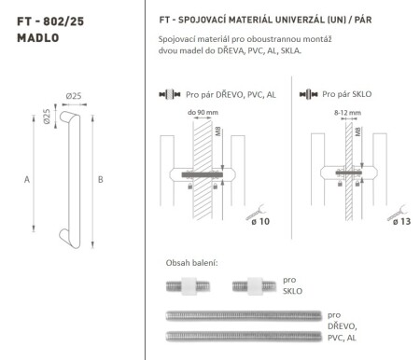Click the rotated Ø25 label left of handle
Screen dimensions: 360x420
[47, 118]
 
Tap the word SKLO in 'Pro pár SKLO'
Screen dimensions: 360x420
[361, 95]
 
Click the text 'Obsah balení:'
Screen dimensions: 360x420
[191, 263]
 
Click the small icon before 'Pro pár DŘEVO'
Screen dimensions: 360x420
[170, 95]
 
